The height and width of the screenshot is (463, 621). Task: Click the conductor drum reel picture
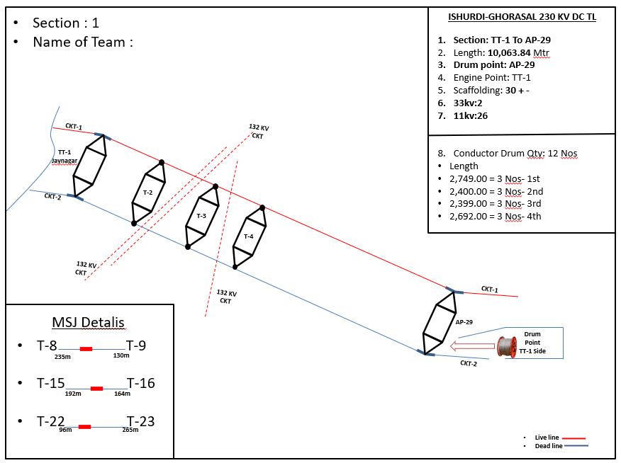(507, 347)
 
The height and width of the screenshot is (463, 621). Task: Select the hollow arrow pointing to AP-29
(472, 347)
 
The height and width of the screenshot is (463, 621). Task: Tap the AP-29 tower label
(464, 321)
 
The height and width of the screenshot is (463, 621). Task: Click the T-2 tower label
(147, 192)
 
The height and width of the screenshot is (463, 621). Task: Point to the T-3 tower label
(201, 215)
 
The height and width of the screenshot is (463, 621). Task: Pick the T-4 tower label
(248, 236)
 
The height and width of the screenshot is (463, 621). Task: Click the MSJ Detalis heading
(88, 323)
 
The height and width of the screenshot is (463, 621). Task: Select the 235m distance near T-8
(62, 356)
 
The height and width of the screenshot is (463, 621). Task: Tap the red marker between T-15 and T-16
(97, 388)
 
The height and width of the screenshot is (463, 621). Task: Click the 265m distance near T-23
(130, 430)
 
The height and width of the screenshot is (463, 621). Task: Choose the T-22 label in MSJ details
(51, 421)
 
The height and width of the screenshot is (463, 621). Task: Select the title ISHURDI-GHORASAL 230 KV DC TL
(522, 17)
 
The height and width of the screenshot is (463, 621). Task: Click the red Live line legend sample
(578, 438)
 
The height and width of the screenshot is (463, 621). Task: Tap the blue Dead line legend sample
(578, 446)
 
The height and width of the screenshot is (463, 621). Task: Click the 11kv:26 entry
(471, 115)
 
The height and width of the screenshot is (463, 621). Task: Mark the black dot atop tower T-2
(162, 162)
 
